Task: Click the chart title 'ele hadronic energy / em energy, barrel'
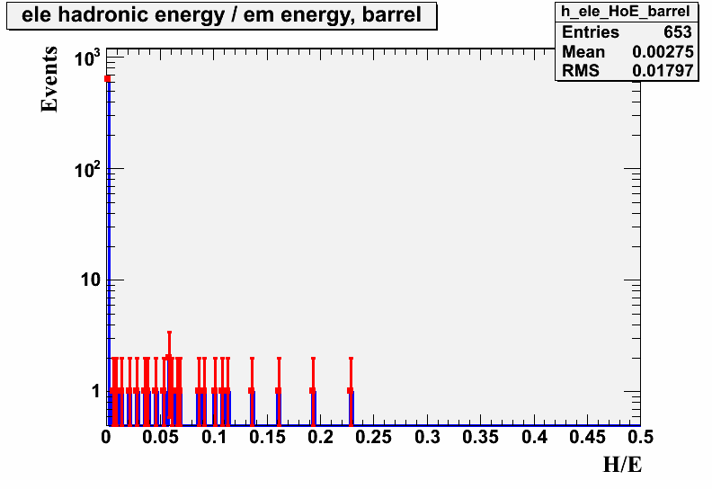point(221,15)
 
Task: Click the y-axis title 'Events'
point(49,79)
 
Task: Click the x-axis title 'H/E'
point(622,465)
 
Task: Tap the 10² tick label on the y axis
point(86,169)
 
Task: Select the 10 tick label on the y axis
point(91,280)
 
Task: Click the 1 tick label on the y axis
point(95,391)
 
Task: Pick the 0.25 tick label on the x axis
point(373,437)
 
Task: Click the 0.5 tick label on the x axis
point(640,437)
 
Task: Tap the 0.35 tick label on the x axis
point(480,437)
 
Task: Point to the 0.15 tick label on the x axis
point(266,437)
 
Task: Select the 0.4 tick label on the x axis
point(534,437)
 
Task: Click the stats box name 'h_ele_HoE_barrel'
point(626,12)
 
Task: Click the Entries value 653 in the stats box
point(678,32)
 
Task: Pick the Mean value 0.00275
point(663,52)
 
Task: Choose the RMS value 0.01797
point(663,71)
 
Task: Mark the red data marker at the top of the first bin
point(108,78)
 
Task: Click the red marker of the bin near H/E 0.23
point(351,390)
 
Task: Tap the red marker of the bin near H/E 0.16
point(279,390)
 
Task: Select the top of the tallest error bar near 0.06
point(169,333)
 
